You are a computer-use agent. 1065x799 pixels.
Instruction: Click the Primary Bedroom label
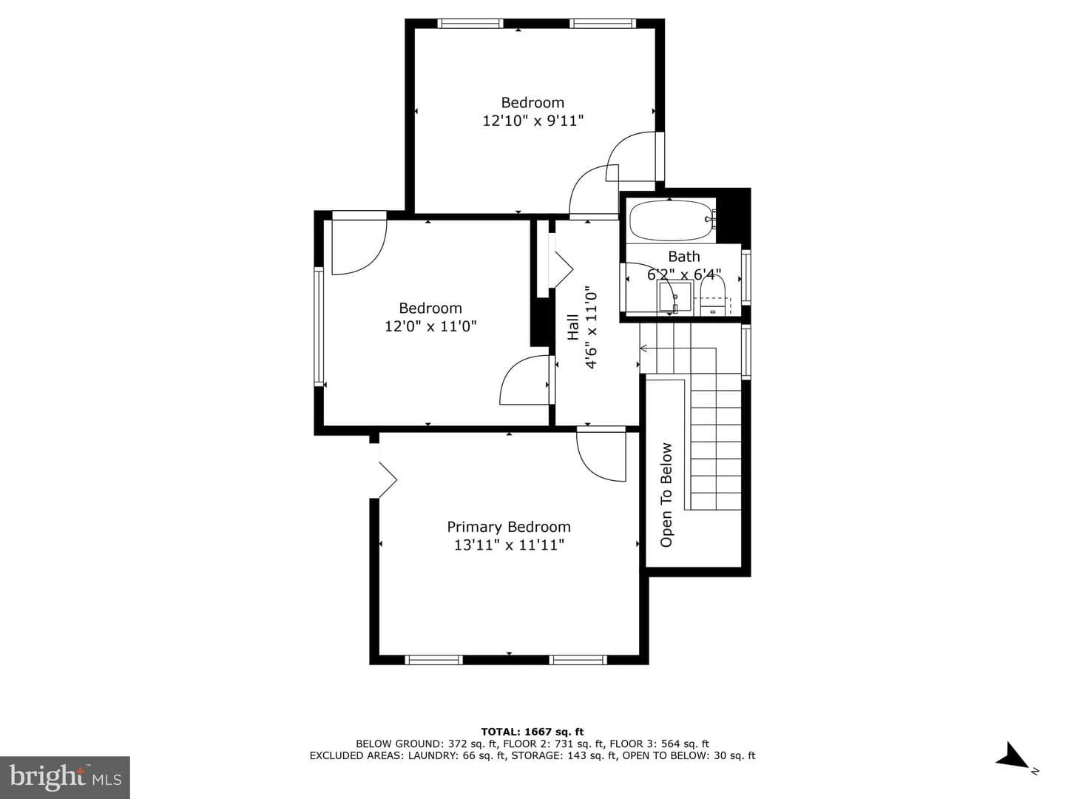[x=509, y=527]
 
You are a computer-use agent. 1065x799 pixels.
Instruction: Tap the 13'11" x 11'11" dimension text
[x=509, y=545]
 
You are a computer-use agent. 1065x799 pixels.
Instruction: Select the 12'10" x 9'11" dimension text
[x=532, y=121]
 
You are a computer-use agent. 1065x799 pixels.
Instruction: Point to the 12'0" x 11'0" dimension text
[x=430, y=326]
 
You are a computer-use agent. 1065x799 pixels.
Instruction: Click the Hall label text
[x=573, y=327]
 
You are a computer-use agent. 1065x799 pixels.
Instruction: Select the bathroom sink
[x=674, y=297]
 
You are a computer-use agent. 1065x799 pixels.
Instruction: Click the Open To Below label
[x=666, y=495]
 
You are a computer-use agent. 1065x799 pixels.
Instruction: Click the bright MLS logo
[x=65, y=778]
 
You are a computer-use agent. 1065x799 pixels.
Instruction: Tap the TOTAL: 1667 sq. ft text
[x=532, y=732]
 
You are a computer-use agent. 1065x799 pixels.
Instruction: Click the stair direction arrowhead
[x=644, y=348]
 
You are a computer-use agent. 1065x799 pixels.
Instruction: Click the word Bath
[x=684, y=256]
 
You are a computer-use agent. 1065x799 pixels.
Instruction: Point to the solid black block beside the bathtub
[x=734, y=217]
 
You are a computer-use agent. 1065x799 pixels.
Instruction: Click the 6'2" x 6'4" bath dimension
[x=684, y=274]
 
